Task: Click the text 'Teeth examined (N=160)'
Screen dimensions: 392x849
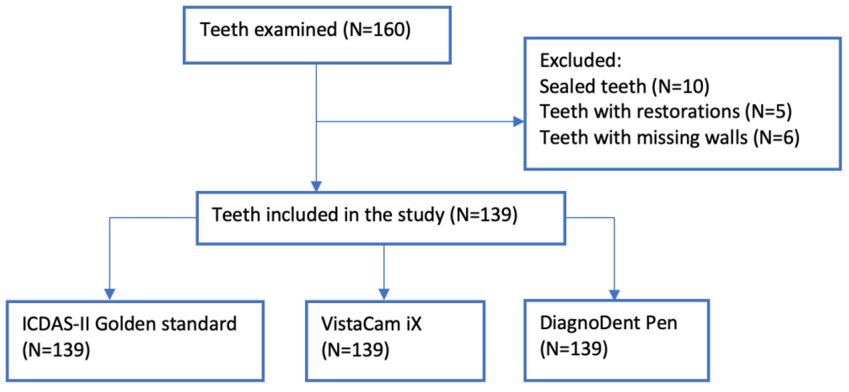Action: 305,30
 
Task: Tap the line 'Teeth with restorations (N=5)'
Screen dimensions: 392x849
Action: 665,112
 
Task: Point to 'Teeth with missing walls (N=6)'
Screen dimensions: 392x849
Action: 669,138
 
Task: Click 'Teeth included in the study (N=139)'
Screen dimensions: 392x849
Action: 365,215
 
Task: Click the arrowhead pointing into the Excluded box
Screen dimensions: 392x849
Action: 518,122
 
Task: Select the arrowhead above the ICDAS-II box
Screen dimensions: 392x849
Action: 110,294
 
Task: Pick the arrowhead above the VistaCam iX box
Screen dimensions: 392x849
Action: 384,294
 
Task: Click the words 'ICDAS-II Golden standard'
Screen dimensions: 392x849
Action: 129,324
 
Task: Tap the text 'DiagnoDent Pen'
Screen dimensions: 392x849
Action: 608,323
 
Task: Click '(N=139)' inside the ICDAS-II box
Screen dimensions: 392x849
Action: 56,350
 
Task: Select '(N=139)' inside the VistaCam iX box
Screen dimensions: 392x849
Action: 355,350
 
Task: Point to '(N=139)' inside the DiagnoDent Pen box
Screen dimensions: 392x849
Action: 574,349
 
